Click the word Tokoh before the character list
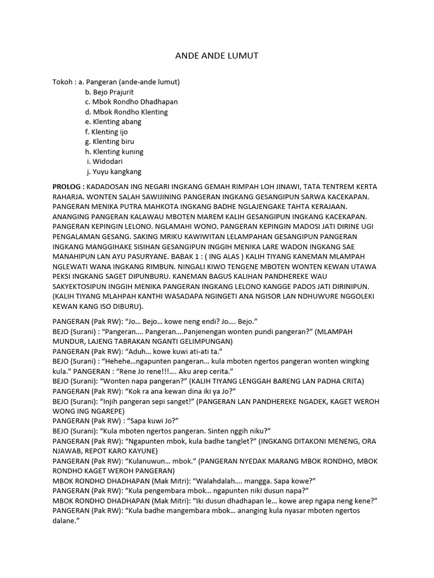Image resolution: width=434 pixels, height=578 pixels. click(x=63, y=82)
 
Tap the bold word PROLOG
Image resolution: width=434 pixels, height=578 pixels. click(x=68, y=187)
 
